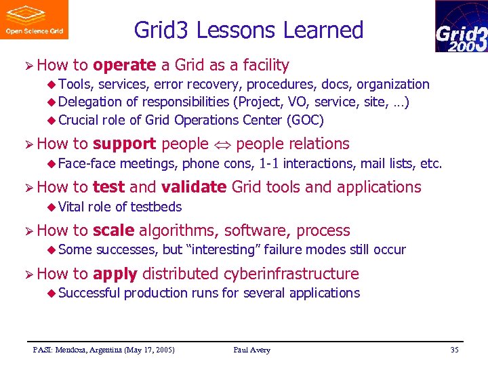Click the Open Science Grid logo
[34, 20]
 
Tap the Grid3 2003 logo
[461, 26]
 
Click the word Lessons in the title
[238, 30]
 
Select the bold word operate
[125, 65]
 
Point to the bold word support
[125, 144]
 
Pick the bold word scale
[113, 230]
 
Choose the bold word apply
[115, 274]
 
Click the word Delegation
[87, 102]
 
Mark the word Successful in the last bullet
[89, 293]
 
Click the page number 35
[454, 350]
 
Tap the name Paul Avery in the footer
[251, 350]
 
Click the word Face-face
[87, 163]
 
